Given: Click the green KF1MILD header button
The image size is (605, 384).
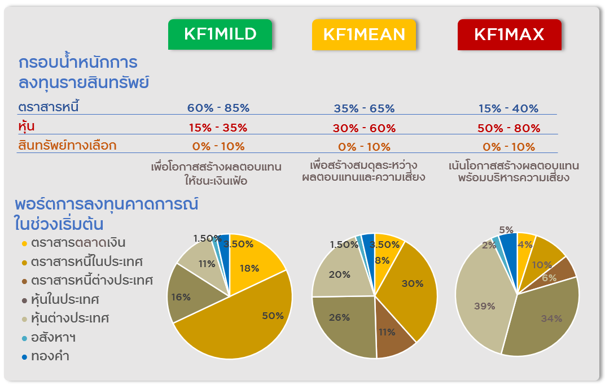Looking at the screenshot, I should (x=220, y=34).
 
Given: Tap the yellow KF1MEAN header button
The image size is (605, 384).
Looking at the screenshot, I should (x=364, y=34).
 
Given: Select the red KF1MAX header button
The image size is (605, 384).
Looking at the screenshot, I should (x=509, y=34).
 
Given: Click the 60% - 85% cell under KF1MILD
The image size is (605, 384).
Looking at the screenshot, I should (x=218, y=108).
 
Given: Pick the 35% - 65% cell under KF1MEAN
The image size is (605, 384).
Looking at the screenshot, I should (x=364, y=108).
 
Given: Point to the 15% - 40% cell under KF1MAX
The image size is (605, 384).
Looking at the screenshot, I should (x=508, y=108).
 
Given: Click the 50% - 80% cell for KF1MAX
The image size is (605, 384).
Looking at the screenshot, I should (x=508, y=128).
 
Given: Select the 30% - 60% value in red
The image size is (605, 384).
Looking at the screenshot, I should (x=364, y=128).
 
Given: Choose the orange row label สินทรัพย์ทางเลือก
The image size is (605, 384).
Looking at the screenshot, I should (x=67, y=145).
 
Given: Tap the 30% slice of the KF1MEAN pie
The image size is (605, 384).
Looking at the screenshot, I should (x=409, y=288).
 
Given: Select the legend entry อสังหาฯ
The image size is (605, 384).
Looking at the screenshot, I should (x=53, y=337).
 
